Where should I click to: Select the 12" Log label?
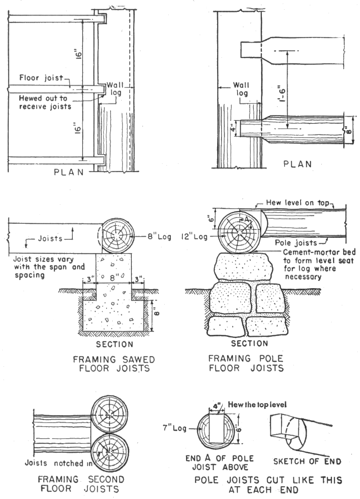tap(196, 237)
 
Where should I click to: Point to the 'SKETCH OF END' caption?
tap(307, 461)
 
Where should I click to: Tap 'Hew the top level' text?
tap(253, 405)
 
